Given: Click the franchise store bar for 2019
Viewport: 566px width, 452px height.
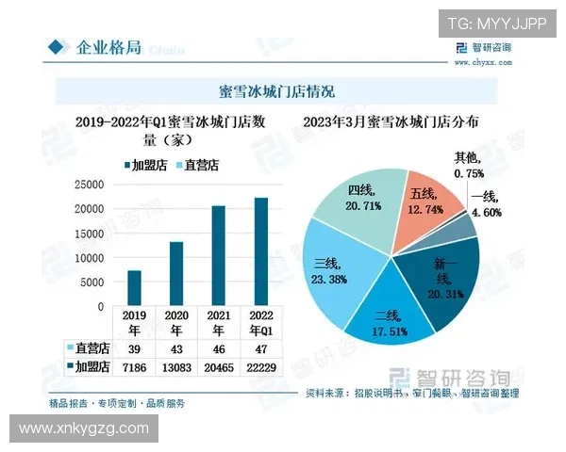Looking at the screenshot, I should (x=134, y=288).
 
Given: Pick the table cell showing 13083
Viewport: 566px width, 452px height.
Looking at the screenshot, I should (x=175, y=365).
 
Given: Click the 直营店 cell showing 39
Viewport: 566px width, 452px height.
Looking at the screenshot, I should (x=134, y=348).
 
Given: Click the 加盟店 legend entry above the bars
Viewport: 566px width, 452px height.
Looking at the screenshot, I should (x=150, y=166).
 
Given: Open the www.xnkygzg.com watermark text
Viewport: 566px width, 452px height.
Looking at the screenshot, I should (x=84, y=428).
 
